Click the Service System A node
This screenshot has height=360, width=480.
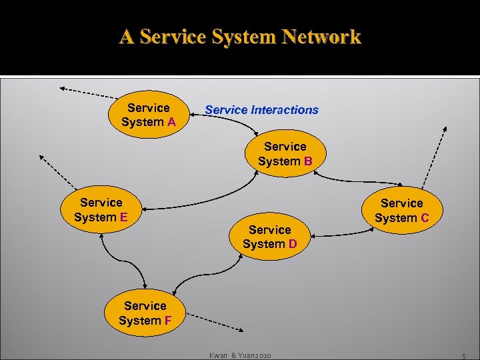[148, 115]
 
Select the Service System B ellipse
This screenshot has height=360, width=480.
[285, 154]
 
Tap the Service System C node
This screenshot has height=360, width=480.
[401, 210]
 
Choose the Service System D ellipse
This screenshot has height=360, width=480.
[269, 237]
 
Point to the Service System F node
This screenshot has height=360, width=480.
[145, 313]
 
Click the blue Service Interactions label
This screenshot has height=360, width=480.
[261, 110]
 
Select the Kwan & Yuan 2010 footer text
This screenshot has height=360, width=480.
[240, 355]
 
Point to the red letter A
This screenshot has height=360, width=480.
[171, 122]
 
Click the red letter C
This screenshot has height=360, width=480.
[425, 217]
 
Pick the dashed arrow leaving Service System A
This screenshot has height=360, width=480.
[87, 91]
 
